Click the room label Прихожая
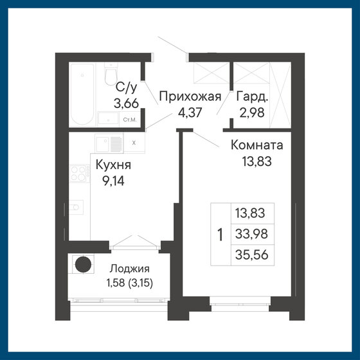(190, 97)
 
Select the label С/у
(124, 88)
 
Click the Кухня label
(113, 165)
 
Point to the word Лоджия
(129, 270)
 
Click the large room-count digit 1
(220, 235)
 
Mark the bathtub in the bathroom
(82, 94)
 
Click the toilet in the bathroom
(108, 76)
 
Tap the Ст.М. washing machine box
(129, 119)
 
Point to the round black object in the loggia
(82, 265)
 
